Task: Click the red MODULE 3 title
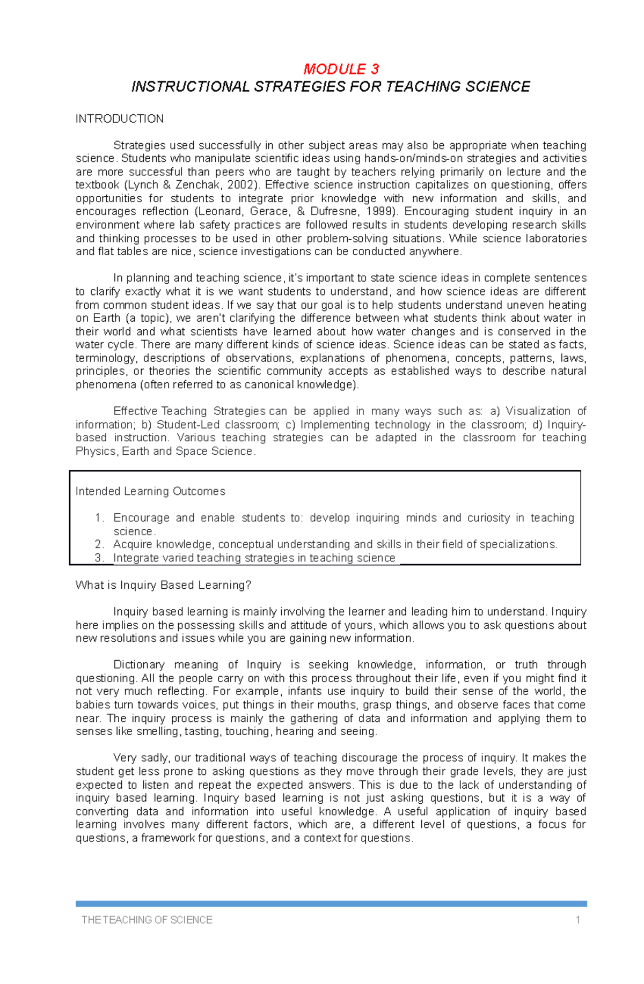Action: (x=341, y=69)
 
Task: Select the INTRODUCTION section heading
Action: (x=119, y=119)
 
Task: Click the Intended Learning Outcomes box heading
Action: (x=150, y=491)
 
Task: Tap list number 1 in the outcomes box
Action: (x=99, y=518)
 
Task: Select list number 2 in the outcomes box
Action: (x=99, y=544)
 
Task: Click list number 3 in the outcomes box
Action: (x=99, y=558)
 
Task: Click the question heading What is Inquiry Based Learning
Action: (x=163, y=585)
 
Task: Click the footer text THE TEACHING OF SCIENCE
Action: (x=147, y=920)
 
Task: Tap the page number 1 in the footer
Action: (x=577, y=920)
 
